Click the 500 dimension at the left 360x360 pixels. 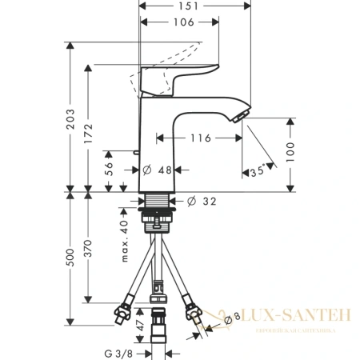pos(71,258)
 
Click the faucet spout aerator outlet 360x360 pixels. pos(240,118)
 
